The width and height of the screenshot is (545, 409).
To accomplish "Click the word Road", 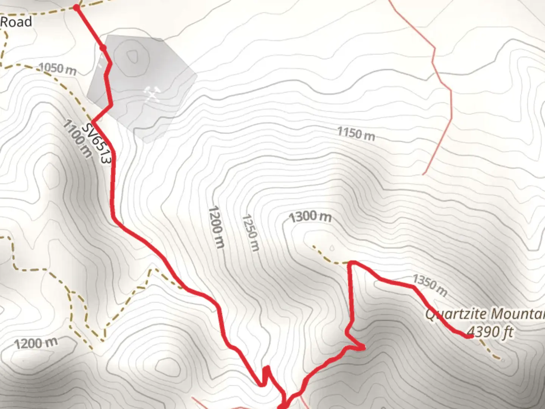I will coord(16,22).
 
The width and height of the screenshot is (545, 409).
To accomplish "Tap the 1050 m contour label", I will coord(58,69).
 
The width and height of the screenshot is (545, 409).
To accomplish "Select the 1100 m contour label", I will coord(77,138).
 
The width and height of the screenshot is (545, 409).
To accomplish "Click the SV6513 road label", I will coord(97,143).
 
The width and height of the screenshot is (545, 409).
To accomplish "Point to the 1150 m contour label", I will coord(356,134).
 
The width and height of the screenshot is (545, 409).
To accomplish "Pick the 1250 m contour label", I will coord(251,233).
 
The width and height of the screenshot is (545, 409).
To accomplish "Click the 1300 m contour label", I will coord(310,217).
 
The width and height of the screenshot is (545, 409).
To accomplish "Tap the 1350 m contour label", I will coord(430,285).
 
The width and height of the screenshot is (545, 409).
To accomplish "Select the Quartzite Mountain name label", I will coord(485,314).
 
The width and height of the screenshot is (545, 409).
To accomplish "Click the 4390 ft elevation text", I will coord(490,332).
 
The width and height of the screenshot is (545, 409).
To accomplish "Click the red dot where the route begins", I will coord(76,7).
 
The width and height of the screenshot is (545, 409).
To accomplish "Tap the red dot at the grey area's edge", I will coord(103,48).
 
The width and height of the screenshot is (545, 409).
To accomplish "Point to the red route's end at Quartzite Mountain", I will coord(470,336).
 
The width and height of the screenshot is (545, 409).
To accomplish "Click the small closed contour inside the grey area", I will coord(132,57).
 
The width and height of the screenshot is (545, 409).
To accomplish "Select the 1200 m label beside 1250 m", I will coord(217,227).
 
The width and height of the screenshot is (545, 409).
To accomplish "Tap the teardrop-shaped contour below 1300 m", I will coord(332,248).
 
